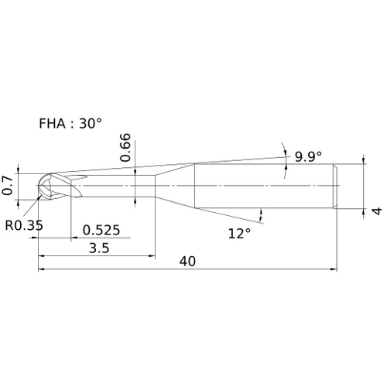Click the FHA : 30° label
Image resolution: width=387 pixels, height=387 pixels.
(x=70, y=123)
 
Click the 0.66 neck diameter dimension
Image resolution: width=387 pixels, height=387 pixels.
(x=126, y=147)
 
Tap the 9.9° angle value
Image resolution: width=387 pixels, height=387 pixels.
(x=308, y=156)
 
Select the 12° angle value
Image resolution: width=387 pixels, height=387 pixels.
(x=239, y=234)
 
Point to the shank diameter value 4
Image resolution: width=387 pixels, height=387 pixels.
(x=377, y=211)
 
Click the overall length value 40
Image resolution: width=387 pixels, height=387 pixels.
(x=187, y=262)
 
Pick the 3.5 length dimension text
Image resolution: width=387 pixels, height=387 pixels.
(x=99, y=248)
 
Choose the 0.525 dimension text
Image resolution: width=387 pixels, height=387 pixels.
(x=101, y=230)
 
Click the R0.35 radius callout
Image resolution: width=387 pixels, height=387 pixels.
(x=24, y=225)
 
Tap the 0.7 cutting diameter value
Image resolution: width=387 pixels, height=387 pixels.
(x=8, y=185)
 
